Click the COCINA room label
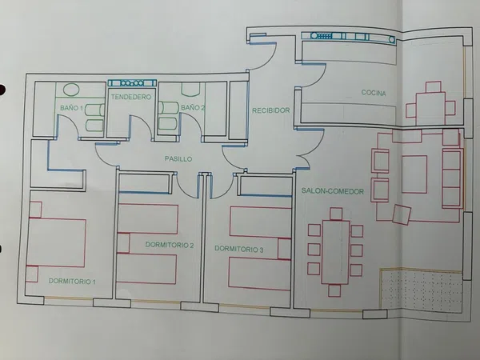374,93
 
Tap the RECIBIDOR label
271,110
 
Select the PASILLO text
178,159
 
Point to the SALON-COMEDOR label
333,191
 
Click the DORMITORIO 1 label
72,281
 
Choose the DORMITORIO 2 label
170,245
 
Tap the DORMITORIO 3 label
238,249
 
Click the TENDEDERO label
131,97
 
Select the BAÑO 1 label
71,108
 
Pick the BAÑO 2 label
193,108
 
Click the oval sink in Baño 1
71,90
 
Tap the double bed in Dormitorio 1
56,242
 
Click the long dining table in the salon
335,252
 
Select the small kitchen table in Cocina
430,108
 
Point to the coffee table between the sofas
414,174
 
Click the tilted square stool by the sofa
402,214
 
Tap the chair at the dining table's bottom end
334,290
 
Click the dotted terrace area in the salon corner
421,290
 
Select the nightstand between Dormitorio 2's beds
123,243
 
